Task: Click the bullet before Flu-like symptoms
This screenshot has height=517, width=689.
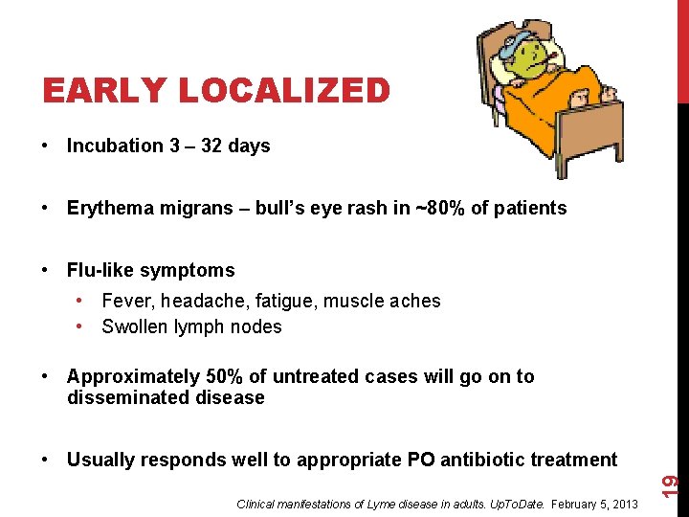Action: click(x=46, y=271)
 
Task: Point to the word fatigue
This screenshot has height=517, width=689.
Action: click(x=286, y=302)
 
